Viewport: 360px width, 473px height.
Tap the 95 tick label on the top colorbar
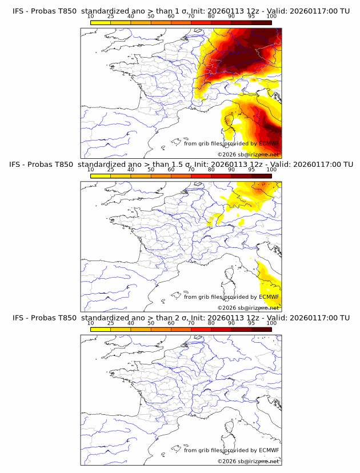251,17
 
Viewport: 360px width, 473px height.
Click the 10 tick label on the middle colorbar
90,170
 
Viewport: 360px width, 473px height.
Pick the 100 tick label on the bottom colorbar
271,323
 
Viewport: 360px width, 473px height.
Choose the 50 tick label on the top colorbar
151,17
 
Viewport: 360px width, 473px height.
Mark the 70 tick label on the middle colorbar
191,170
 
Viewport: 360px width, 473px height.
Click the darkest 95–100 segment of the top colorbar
262,22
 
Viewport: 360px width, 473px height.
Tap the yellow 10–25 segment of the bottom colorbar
101,329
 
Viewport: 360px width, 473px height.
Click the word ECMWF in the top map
269,143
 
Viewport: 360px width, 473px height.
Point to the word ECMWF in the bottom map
269,450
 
